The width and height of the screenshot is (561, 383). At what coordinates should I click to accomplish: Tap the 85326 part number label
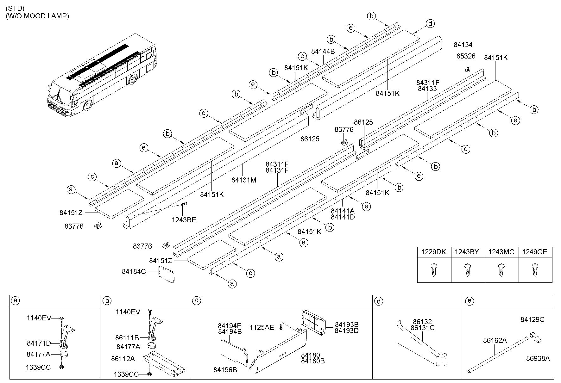click(x=466, y=56)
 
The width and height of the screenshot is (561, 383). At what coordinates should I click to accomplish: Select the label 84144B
click(x=323, y=51)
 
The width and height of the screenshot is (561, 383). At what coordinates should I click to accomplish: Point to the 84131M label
click(x=243, y=180)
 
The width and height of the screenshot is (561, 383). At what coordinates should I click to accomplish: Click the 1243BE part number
click(x=184, y=220)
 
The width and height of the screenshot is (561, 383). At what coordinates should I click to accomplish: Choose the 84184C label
click(x=134, y=271)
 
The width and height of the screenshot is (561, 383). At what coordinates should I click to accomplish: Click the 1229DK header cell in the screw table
click(x=434, y=252)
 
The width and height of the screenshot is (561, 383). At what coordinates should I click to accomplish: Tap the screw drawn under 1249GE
click(x=535, y=270)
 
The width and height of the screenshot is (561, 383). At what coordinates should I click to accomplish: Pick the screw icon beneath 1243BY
click(x=467, y=270)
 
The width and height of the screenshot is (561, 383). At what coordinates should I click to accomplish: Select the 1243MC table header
click(x=501, y=252)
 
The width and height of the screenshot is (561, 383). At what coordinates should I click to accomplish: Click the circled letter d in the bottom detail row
click(x=378, y=301)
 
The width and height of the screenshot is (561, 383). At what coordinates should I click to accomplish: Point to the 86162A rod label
click(x=495, y=340)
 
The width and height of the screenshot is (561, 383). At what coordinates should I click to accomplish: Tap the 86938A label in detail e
click(x=538, y=358)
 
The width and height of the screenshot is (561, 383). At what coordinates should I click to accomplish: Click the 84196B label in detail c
click(x=225, y=369)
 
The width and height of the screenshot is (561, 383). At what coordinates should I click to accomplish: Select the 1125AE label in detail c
click(x=262, y=327)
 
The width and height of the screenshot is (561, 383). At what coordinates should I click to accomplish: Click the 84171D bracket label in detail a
click(x=39, y=343)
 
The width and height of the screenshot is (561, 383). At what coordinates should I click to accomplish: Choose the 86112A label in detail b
click(x=123, y=359)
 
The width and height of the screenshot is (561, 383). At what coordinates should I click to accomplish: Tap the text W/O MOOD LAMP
click(x=37, y=16)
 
